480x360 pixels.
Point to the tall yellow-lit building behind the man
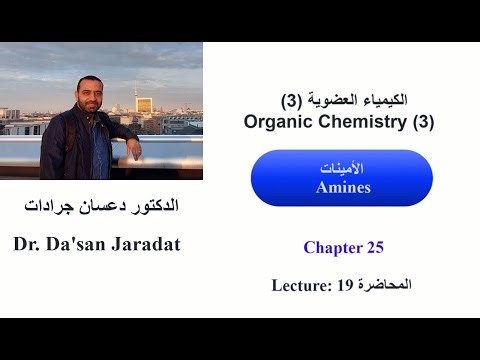coord(145,107)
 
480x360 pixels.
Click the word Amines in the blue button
coord(341,187)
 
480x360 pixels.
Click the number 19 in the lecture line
coord(345,285)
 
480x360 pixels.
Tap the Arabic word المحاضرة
coord(385,285)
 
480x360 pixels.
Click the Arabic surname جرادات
coord(49,208)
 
